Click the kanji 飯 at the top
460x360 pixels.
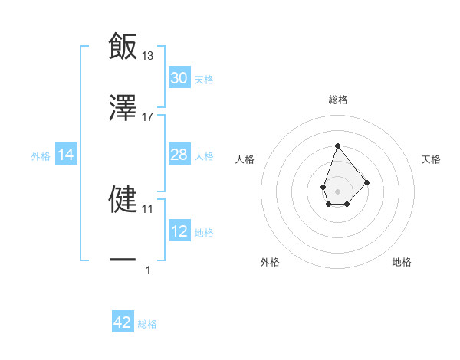tap(123, 46)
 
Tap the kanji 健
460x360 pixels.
tap(123, 199)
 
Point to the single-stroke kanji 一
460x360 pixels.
tap(123, 260)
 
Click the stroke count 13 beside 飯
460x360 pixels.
tap(148, 55)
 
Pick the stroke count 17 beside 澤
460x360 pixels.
tap(148, 117)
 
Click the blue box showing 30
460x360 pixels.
tap(179, 78)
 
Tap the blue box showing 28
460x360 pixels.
tap(179, 155)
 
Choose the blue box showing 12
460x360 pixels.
tap(179, 231)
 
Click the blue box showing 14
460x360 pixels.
tap(66, 155)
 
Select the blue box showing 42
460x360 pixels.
tap(123, 322)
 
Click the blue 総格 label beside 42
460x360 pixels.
tap(147, 324)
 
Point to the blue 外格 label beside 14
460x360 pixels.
tap(41, 155)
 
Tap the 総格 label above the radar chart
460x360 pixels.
tap(338, 100)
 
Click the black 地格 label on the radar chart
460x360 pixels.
tap(402, 263)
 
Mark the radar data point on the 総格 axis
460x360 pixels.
tap(337, 146)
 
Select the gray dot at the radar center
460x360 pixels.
tap(337, 191)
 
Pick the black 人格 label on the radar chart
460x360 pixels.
tap(245, 159)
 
